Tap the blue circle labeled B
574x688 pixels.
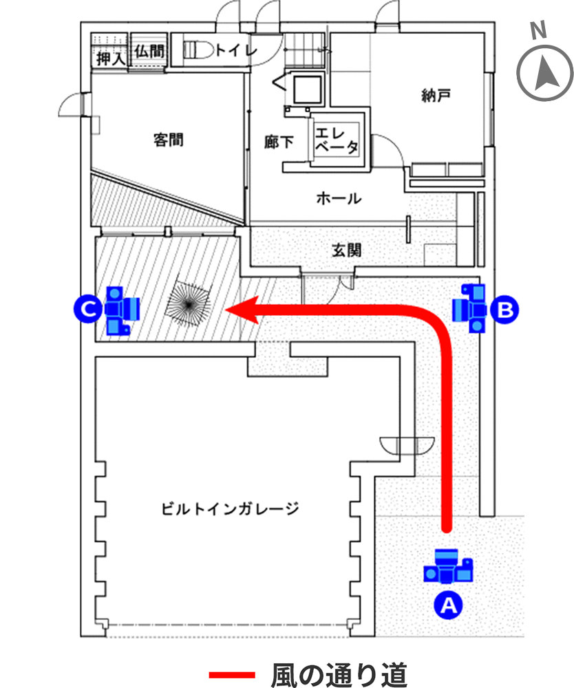504,310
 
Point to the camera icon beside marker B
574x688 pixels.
471,308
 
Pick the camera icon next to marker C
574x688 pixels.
122,310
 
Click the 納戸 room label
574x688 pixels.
436,95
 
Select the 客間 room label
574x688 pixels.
168,140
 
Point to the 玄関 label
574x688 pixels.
346,250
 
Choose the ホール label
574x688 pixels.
339,200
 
